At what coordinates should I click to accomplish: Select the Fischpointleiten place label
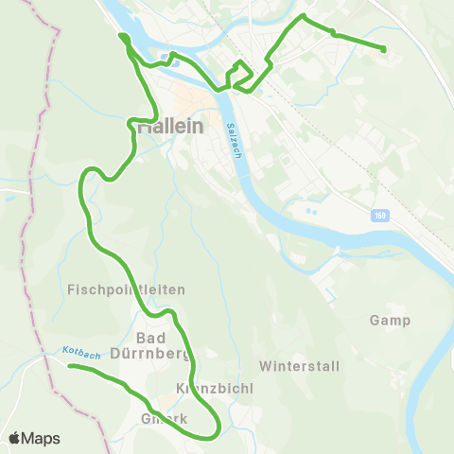point(126,288)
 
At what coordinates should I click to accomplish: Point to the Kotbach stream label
point(81,352)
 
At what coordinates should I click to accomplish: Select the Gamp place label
point(390,321)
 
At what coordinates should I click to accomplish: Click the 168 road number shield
point(379,216)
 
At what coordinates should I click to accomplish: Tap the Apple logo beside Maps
point(14,439)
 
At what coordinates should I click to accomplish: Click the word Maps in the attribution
point(42,439)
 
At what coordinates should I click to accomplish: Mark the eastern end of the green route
point(384,49)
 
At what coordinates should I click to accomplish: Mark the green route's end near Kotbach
point(71,366)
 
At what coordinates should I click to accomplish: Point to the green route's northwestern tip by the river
point(121,37)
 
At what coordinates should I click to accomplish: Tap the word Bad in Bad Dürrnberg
point(152,338)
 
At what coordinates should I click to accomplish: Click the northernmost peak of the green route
point(303,16)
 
